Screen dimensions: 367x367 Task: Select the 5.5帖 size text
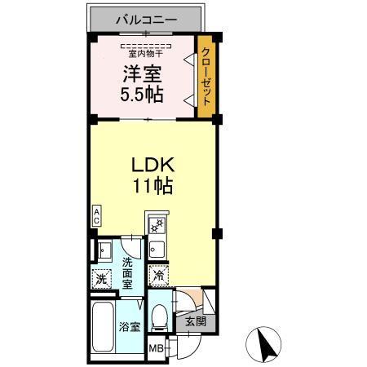pos(142,94)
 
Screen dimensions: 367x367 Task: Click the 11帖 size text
pos(153,186)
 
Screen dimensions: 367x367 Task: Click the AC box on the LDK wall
pos(96,216)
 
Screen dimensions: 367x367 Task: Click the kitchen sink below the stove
pos(157,248)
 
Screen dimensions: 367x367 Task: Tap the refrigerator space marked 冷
pos(160,276)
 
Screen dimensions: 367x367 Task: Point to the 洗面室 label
pos(129,274)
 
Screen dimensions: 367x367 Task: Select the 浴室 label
pos(129,328)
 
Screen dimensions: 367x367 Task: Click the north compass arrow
pos(264,345)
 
